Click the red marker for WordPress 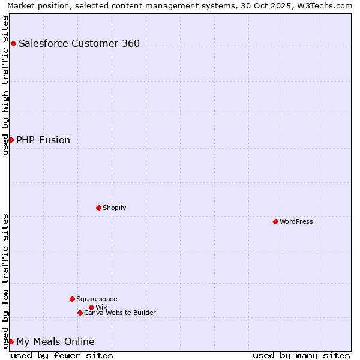coord(275,221)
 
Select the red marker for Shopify coord(98,208)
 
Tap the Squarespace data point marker coord(72,299)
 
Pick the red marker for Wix coord(91,307)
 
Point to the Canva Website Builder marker coord(80,313)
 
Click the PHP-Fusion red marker coord(11,140)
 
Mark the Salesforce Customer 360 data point coord(13,43)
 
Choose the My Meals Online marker coord(11,341)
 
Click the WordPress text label coord(296,221)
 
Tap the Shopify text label coord(114,208)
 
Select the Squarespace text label coord(97,299)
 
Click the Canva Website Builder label coord(120,313)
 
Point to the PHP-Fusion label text coord(43,140)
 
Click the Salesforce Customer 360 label coord(79,43)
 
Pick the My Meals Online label coord(55,341)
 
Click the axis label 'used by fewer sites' coord(62,355)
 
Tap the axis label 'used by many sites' coord(301,355)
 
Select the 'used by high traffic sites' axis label coord(6,85)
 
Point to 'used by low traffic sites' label coord(6,281)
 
